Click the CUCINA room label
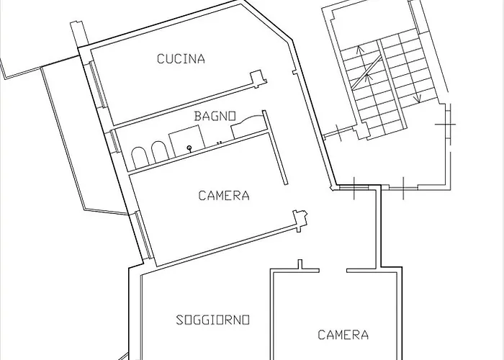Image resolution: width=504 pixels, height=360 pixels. tap(181, 59)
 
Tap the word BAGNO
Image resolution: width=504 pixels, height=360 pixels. tap(215, 116)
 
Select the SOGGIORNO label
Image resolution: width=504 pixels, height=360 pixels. tap(213, 320)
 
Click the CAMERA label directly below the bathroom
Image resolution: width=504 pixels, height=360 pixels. tap(224, 195)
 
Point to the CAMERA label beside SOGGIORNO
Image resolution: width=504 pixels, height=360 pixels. tap(343, 335)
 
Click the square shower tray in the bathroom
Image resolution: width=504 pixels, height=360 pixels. tap(186, 140)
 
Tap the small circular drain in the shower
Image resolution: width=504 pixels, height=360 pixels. tap(189, 148)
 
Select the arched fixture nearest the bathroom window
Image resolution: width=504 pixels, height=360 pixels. tap(140, 158)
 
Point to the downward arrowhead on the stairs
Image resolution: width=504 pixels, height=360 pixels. tap(418, 100)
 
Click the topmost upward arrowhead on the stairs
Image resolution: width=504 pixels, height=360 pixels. tap(360, 49)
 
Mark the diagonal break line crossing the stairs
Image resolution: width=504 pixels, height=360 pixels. tap(366, 72)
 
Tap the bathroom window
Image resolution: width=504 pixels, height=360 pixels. tap(115, 140)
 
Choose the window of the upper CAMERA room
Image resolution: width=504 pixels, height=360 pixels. tap(143, 234)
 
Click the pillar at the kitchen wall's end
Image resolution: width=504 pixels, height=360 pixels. tap(258, 78)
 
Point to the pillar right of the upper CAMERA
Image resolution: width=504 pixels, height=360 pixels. tap(300, 220)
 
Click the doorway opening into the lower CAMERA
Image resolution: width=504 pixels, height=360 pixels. tap(333, 271)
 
